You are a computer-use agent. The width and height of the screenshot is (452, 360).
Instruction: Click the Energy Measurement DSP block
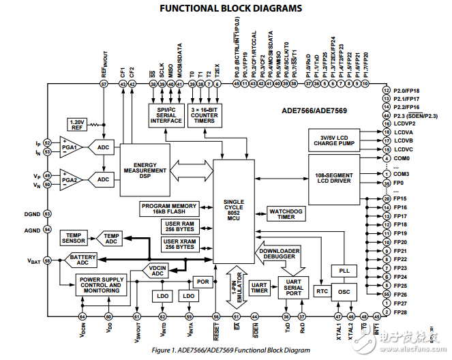[x=145, y=170]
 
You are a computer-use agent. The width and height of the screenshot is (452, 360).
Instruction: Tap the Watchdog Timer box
[x=286, y=213]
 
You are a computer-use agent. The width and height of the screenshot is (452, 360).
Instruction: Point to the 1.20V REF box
[x=77, y=125]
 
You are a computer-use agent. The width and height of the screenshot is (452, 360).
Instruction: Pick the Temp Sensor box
[x=74, y=237]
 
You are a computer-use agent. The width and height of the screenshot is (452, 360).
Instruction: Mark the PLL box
[x=344, y=271]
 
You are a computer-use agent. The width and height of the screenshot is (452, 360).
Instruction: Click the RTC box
[x=322, y=291]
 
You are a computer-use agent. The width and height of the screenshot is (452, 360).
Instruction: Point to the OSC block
[x=344, y=291]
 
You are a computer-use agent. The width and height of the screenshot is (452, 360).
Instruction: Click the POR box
[x=202, y=281]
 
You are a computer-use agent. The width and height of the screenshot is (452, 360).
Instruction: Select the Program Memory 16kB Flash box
[x=169, y=209]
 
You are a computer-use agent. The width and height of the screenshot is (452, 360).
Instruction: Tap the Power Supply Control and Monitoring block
[x=102, y=285]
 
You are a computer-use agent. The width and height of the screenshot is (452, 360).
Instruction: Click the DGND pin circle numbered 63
[x=47, y=214]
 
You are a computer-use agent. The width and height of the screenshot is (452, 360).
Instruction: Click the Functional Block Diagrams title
[x=230, y=9]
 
